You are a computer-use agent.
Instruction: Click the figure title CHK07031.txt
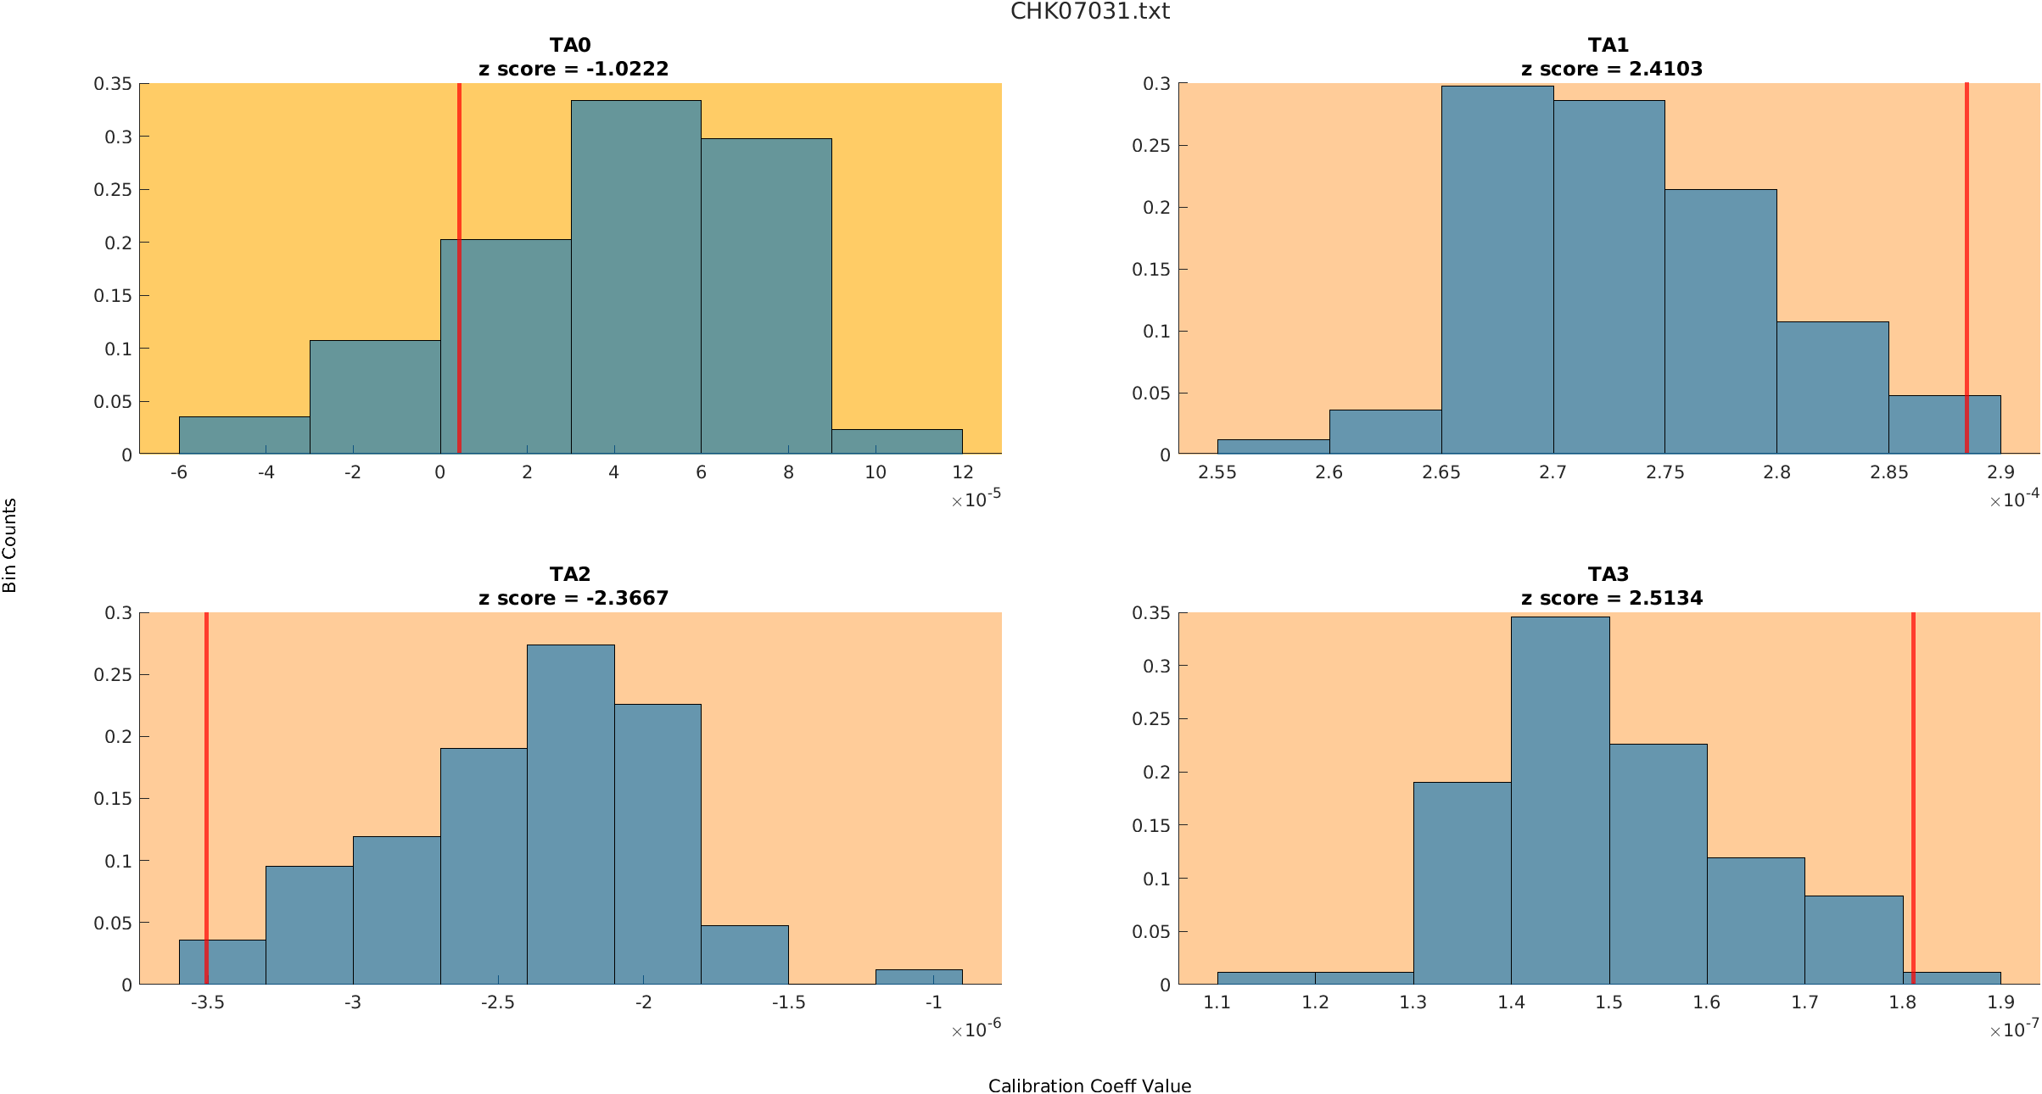(x=1089, y=11)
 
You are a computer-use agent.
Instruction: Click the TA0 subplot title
(x=569, y=45)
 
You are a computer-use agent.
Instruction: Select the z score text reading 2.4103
(x=1611, y=69)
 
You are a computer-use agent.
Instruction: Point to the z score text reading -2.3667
(x=573, y=598)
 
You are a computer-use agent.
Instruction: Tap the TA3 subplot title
(x=1608, y=574)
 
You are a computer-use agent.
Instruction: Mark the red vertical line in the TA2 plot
(x=206, y=763)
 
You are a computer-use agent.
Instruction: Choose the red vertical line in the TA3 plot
(x=1913, y=763)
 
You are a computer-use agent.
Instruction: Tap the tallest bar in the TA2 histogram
(x=570, y=814)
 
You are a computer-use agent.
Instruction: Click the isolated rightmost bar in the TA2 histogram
(x=919, y=976)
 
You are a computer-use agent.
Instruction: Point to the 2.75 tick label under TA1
(x=1664, y=472)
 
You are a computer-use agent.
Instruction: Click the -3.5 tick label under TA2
(x=207, y=1002)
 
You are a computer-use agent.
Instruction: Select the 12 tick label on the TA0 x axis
(x=962, y=472)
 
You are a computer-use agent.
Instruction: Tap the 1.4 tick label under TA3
(x=1511, y=1002)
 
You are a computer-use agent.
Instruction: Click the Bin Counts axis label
(x=10, y=544)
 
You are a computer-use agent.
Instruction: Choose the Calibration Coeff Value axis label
(x=1089, y=1086)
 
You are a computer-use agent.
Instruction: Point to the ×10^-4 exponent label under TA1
(x=2014, y=500)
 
